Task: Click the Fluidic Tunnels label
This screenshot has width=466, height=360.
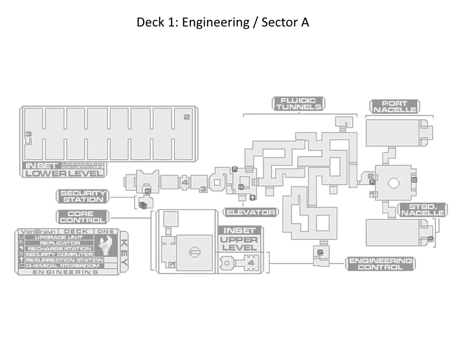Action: (298, 104)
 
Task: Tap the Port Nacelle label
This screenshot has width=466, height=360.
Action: (395, 107)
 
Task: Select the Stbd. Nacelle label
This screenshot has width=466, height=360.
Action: (423, 210)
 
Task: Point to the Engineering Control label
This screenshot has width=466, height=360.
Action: (381, 264)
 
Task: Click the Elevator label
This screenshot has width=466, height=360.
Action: (251, 212)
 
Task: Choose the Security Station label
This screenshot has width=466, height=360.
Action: (83, 196)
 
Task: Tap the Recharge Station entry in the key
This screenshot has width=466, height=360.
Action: (60, 248)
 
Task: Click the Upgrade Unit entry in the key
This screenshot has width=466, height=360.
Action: (60, 237)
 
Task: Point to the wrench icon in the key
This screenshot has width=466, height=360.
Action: (106, 245)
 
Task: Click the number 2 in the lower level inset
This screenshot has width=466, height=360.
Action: (187, 117)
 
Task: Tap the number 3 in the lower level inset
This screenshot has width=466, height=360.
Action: (28, 134)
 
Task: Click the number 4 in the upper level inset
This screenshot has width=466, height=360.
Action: (251, 263)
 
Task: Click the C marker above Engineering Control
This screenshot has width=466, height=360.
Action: (320, 252)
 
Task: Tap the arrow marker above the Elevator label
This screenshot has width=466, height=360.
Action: (252, 197)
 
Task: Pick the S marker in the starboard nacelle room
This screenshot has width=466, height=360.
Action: (431, 239)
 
